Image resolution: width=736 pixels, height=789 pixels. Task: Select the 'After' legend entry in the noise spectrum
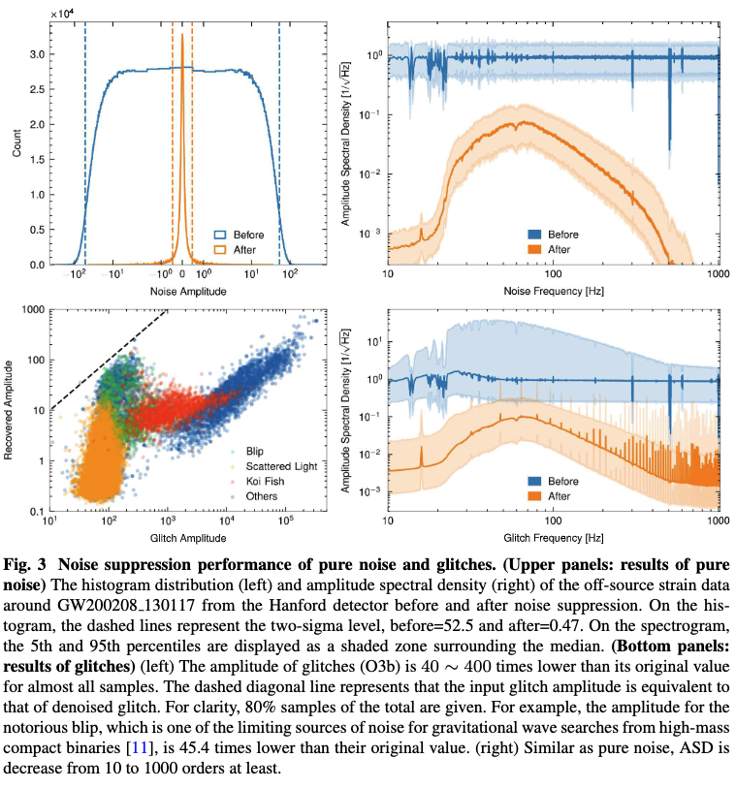[x=561, y=249]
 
